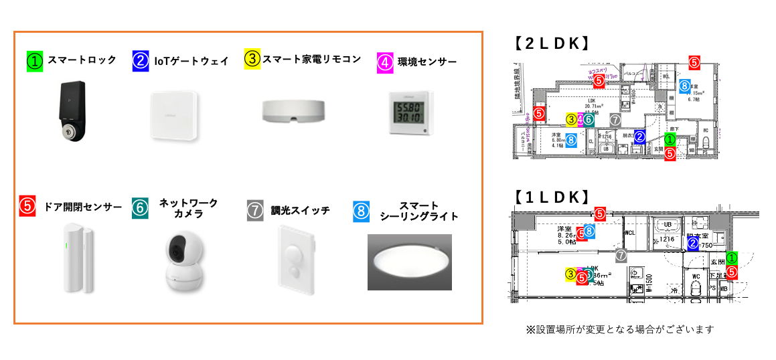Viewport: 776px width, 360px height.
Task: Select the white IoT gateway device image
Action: [174, 115]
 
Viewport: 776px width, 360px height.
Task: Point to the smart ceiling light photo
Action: [409, 262]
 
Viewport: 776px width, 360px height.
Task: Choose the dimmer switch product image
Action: [295, 262]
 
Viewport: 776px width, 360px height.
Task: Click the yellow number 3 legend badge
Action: [252, 59]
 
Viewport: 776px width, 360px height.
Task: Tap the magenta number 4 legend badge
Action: [385, 62]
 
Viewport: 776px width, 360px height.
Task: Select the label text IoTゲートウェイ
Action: [191, 61]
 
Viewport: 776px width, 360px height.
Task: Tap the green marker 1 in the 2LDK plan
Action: [670, 140]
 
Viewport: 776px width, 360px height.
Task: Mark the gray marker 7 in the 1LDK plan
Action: [621, 254]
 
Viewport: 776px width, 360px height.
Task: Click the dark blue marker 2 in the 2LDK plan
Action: [639, 137]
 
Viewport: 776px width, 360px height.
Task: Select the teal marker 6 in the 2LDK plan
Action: [588, 120]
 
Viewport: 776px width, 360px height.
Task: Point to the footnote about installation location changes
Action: [620, 329]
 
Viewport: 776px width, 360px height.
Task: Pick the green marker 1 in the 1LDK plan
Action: [732, 258]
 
